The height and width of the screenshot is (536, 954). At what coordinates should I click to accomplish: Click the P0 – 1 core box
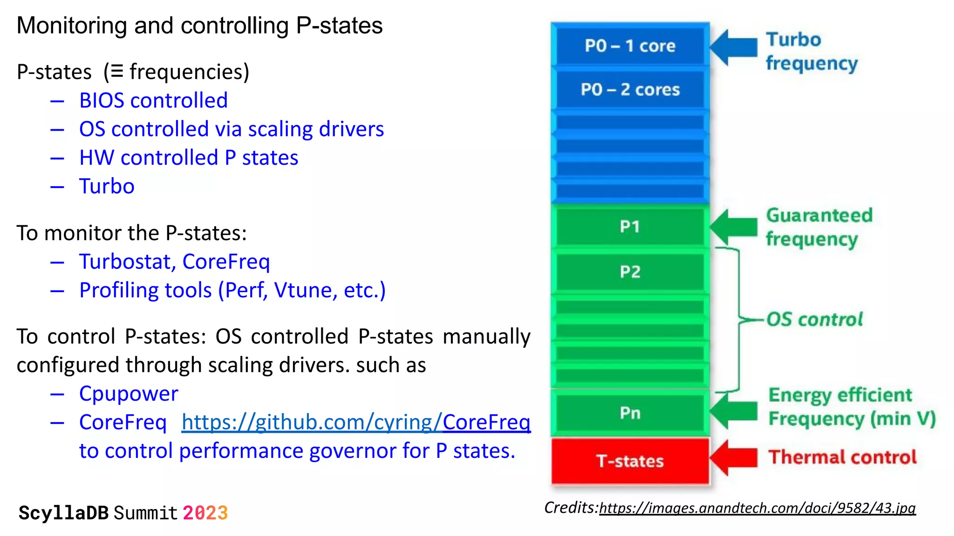point(630,46)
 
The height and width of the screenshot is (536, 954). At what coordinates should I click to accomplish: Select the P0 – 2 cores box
point(630,89)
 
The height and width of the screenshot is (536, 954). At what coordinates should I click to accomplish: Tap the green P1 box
point(630,227)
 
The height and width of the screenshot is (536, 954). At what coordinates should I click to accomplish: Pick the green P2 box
point(630,271)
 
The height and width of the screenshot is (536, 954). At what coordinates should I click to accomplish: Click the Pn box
point(630,413)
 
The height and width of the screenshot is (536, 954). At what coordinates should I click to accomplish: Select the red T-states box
point(630,461)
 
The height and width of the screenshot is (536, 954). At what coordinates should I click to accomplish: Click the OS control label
point(814,320)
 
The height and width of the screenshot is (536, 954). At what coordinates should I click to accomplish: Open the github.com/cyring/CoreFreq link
point(356,422)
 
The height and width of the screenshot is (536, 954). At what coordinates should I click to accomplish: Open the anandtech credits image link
point(757,508)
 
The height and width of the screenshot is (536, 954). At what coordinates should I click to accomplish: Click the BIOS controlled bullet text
point(153,100)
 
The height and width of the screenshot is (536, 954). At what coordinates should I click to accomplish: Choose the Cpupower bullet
point(129,394)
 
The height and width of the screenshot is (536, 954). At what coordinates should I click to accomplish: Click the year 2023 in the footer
point(205,513)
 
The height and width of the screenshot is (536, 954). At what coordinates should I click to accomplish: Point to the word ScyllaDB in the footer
point(63,513)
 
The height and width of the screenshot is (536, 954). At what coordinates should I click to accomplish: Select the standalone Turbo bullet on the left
point(107,186)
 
